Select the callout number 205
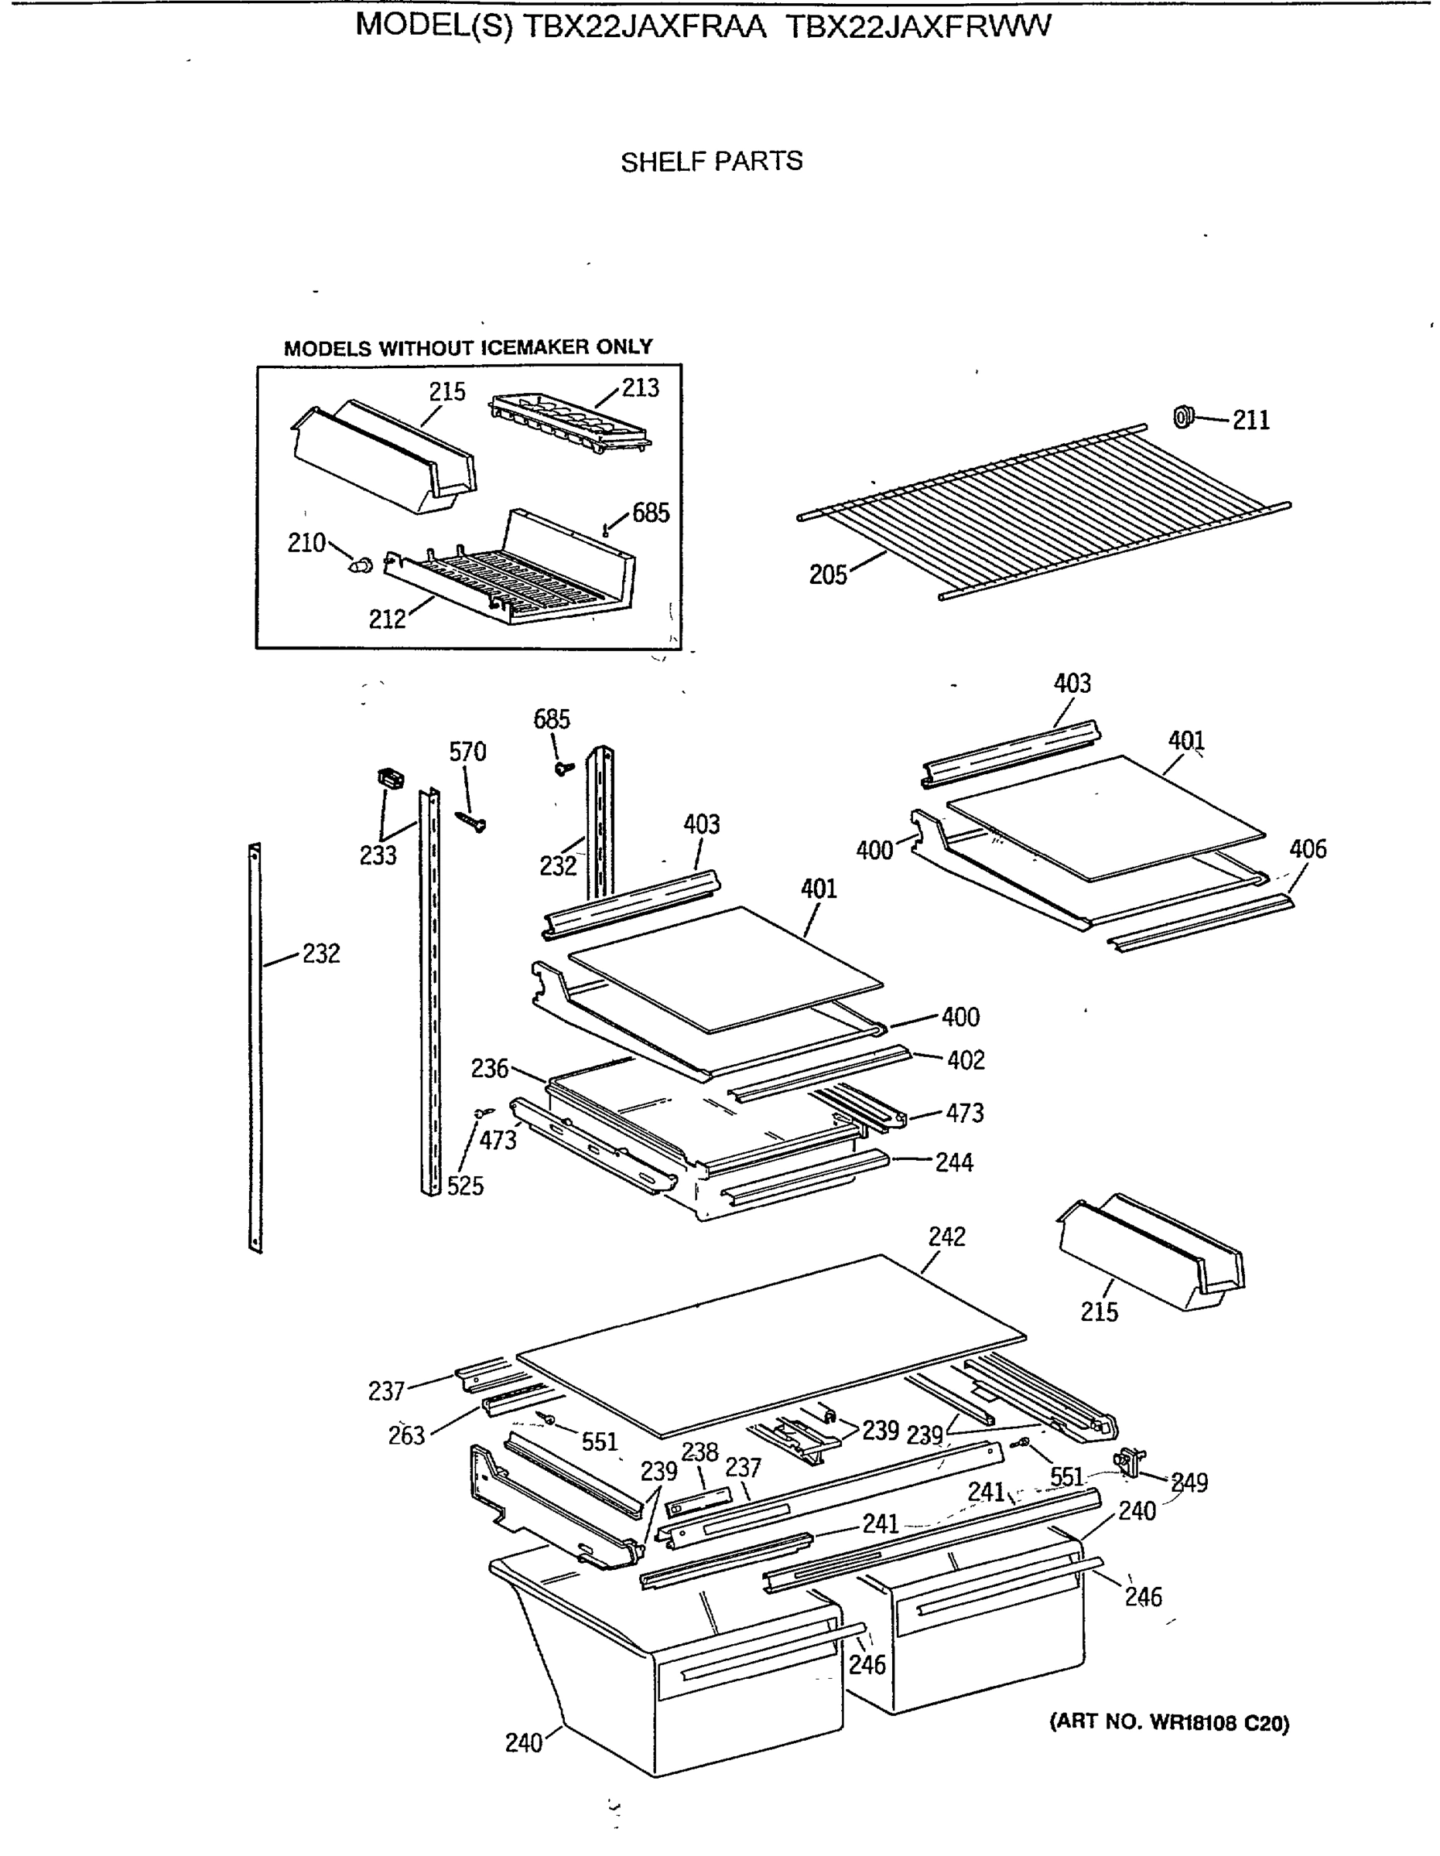(x=827, y=575)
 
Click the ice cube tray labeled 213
(x=570, y=421)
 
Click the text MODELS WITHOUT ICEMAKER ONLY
(x=467, y=347)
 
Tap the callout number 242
(x=946, y=1237)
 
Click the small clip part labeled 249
(x=1128, y=1459)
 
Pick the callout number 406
(x=1307, y=849)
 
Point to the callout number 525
(x=465, y=1186)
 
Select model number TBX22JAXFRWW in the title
(x=917, y=26)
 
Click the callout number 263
(x=405, y=1435)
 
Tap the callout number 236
(x=489, y=1069)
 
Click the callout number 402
(x=965, y=1059)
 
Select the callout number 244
(x=954, y=1162)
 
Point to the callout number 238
(x=699, y=1452)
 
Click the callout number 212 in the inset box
(x=387, y=619)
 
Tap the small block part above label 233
(x=390, y=776)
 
